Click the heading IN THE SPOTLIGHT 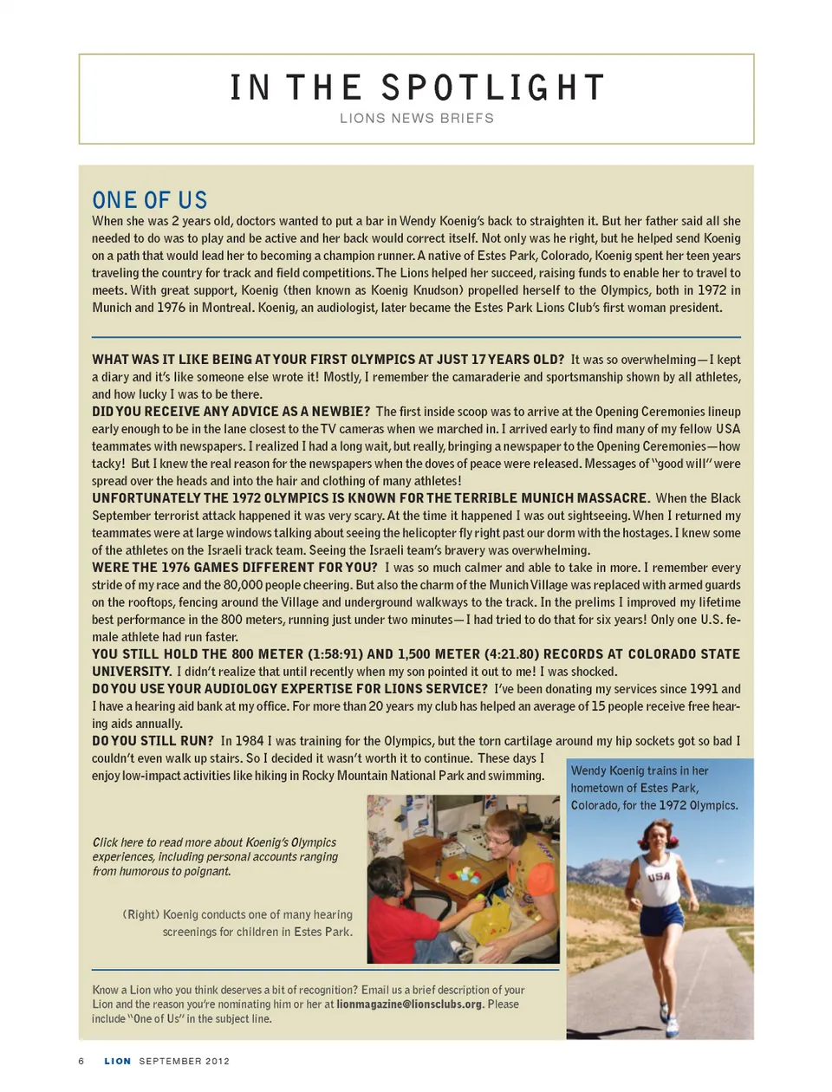[x=416, y=88]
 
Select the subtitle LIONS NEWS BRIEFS [x=416, y=118]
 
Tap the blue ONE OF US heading [x=149, y=200]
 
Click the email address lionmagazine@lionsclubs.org [x=409, y=1004]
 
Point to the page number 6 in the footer [x=81, y=1061]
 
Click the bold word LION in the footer [x=118, y=1061]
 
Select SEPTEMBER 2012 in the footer [x=184, y=1061]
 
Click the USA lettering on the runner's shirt [x=659, y=876]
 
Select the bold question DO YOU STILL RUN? [x=153, y=741]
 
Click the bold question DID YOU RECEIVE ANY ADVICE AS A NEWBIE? [x=231, y=412]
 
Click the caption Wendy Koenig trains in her [x=640, y=770]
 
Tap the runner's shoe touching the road [x=671, y=1028]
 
